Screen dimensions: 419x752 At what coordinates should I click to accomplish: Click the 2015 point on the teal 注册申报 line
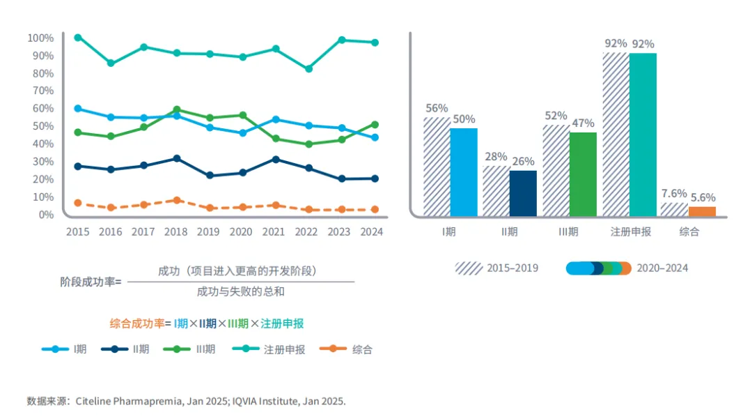tap(78, 38)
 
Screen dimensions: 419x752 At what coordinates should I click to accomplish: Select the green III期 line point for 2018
tap(178, 110)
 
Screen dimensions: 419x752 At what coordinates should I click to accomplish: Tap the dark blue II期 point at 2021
tap(276, 160)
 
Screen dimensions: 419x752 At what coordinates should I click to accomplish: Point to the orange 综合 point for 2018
tap(178, 200)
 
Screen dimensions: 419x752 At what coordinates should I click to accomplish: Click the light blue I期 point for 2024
tap(375, 137)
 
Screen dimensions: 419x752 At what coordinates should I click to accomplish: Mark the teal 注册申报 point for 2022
tap(308, 69)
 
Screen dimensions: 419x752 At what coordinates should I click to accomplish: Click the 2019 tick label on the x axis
tap(209, 231)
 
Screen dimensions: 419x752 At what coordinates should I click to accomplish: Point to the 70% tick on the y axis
tap(41, 91)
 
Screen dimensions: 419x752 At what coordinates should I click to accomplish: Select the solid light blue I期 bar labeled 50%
tap(464, 172)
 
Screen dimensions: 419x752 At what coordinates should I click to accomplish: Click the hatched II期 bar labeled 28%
tap(496, 190)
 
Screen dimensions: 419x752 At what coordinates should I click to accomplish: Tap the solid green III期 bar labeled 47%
tap(583, 174)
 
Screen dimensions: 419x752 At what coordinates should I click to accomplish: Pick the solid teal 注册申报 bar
tap(643, 135)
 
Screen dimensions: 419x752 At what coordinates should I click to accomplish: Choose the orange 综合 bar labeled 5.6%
tap(702, 211)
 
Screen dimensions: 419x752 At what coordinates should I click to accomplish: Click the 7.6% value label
tap(673, 193)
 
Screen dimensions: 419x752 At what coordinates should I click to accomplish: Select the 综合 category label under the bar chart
tap(689, 231)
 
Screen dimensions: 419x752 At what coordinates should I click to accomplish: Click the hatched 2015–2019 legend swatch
tap(469, 268)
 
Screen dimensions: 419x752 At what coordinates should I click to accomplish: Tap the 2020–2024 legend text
tap(662, 268)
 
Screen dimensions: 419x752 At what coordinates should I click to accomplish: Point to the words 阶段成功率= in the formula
tap(91, 282)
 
